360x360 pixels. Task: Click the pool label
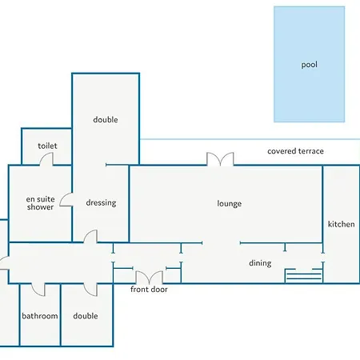tap(310, 65)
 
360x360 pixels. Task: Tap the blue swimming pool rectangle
tap(310, 64)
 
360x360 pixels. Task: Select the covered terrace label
tap(295, 151)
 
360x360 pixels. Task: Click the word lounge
tap(230, 204)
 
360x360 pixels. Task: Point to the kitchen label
tap(342, 224)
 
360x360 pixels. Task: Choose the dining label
tap(260, 263)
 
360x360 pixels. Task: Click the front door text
tap(149, 289)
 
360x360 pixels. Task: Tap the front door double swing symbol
tap(149, 278)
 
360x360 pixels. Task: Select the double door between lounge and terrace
tap(220, 159)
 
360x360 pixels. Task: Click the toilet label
tap(47, 146)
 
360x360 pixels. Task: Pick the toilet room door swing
tap(46, 159)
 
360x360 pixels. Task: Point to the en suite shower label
tap(40, 203)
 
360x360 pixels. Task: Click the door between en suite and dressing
tap(66, 199)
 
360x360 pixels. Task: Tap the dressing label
tap(101, 202)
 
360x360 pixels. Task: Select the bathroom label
tap(40, 316)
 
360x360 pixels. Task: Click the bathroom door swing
tap(38, 290)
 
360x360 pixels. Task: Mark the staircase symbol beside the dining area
tap(304, 275)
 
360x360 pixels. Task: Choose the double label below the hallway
tap(86, 316)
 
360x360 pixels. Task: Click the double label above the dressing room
tap(106, 120)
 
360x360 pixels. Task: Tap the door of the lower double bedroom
tap(90, 290)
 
